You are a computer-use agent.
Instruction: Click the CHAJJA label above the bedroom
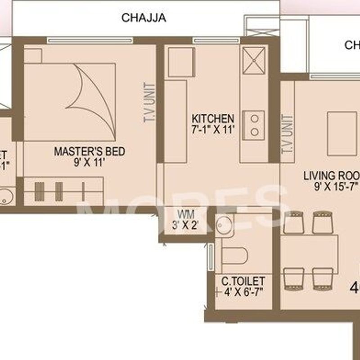144,18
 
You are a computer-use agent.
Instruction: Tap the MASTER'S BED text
90,151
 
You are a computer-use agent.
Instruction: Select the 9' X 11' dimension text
90,162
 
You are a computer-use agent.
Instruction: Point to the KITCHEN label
213,119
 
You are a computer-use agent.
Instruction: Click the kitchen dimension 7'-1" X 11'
213,130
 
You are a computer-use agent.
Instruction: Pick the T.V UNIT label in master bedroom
150,102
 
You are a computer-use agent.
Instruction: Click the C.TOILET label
243,281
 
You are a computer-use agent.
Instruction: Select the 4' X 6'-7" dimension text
243,292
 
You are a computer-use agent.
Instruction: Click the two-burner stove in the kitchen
255,126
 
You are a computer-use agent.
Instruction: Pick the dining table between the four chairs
310,251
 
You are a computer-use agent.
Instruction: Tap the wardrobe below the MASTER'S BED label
63,191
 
